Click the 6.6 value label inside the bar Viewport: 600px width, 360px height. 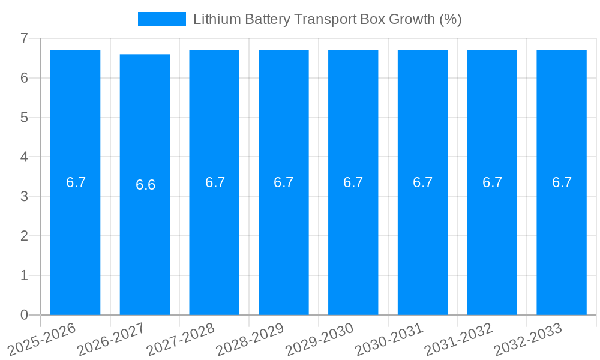[x=145, y=185]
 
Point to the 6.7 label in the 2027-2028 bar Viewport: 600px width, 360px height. [x=215, y=182]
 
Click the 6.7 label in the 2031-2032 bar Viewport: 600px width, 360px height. [x=492, y=182]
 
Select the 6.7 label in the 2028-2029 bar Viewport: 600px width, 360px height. [x=283, y=182]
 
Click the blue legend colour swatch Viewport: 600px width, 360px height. [x=162, y=19]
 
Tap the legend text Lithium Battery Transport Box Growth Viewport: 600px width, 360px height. [x=327, y=19]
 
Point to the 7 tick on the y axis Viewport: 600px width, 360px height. [x=24, y=38]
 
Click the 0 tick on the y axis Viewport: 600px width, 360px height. [x=24, y=315]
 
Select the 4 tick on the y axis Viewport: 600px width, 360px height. [x=24, y=157]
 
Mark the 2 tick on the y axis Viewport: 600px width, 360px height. [x=24, y=236]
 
